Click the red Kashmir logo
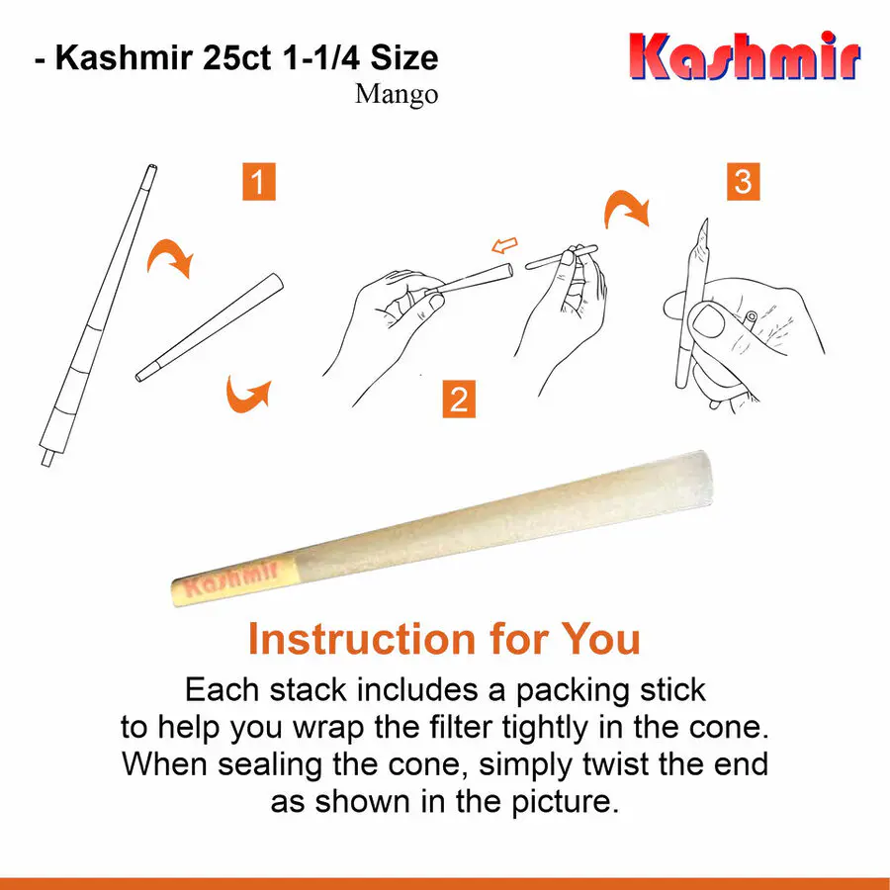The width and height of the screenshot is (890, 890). pos(745,55)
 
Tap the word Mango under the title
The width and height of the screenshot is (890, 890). pos(397,94)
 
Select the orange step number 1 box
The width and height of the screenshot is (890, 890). pos(259,182)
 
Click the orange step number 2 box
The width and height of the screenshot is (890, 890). pos(459,400)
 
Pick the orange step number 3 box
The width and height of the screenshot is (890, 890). pos(743,182)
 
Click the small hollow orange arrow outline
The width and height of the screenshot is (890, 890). pos(504,245)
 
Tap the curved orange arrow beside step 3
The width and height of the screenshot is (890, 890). pos(626,208)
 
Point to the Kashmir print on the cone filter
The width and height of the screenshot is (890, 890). pos(231,578)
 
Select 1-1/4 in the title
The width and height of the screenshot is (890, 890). pos(321,58)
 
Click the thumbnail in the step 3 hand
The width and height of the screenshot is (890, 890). pos(709,321)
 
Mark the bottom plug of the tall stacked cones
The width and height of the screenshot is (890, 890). pos(47,458)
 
